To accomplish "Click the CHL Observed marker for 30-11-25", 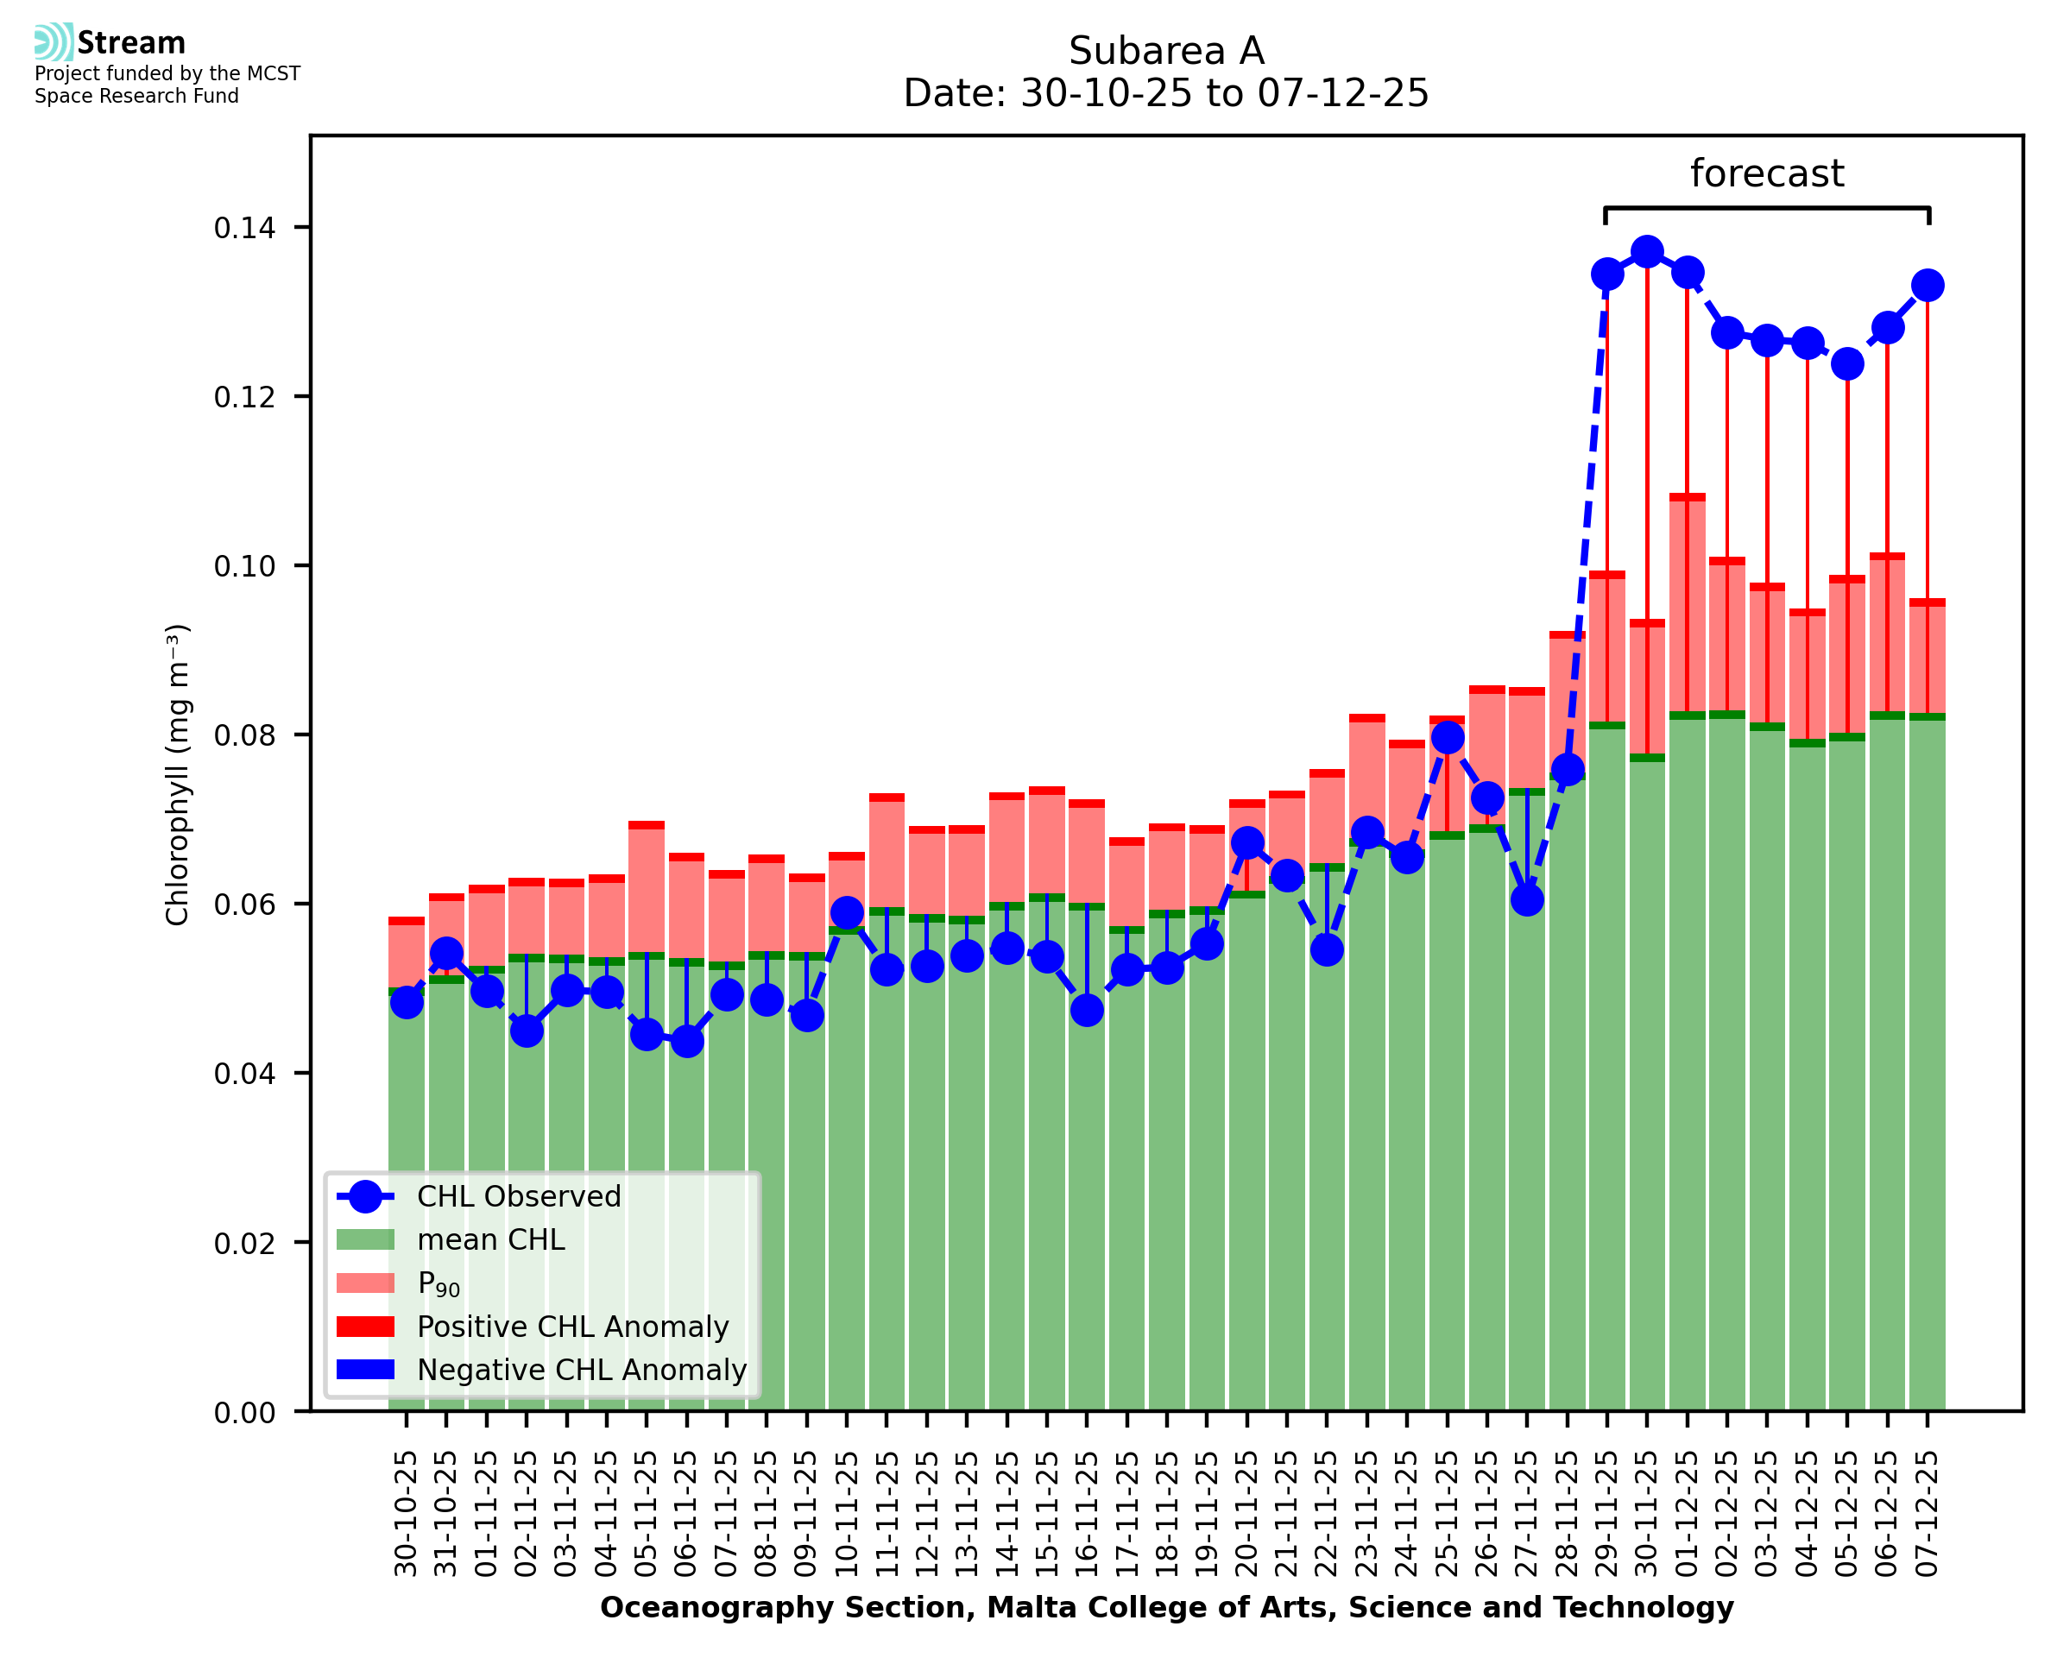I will pyautogui.click(x=1646, y=253).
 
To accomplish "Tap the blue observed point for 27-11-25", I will pyautogui.click(x=1526, y=899).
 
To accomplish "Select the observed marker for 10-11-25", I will pyautogui.click(x=847, y=912).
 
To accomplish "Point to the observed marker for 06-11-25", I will pyautogui.click(x=686, y=1041).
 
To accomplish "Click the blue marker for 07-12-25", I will pyautogui.click(x=1928, y=286).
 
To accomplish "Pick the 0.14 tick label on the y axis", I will pyautogui.click(x=244, y=228).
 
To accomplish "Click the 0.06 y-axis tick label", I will pyautogui.click(x=244, y=905).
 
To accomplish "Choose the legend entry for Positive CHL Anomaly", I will pyautogui.click(x=572, y=1327).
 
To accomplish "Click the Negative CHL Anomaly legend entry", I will pyautogui.click(x=581, y=1370).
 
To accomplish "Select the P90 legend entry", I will pyautogui.click(x=439, y=1283).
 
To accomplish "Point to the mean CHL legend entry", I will pyautogui.click(x=491, y=1239).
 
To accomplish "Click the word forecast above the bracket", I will pyautogui.click(x=1766, y=173).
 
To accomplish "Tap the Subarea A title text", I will pyautogui.click(x=1166, y=51).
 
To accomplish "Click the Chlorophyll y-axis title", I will pyautogui.click(x=178, y=774).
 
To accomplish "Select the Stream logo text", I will pyautogui.click(x=131, y=43).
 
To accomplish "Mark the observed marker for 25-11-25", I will pyautogui.click(x=1447, y=737).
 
